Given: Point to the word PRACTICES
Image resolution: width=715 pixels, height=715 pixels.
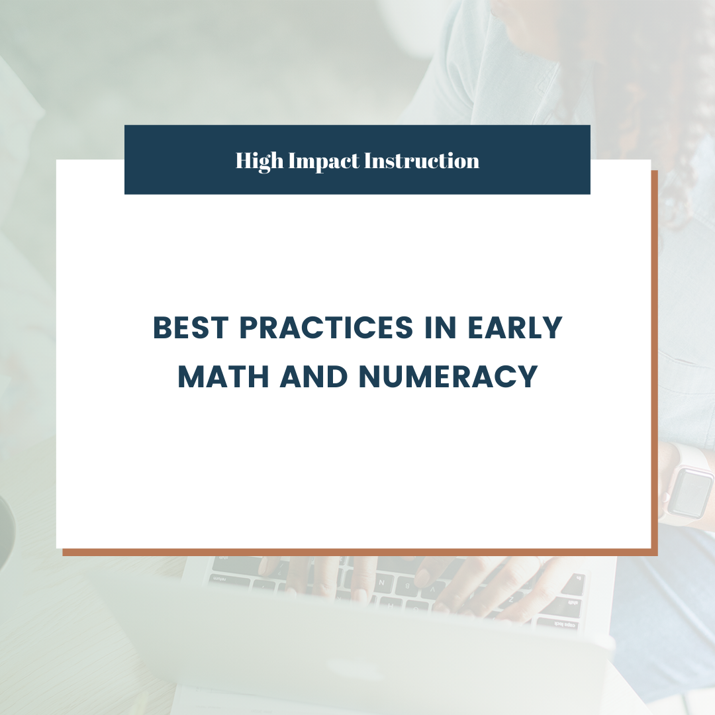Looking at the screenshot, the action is click(x=326, y=328).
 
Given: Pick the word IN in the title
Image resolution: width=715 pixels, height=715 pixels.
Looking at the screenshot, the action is click(x=440, y=328).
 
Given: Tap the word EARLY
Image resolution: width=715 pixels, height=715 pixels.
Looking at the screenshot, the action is click(x=515, y=328).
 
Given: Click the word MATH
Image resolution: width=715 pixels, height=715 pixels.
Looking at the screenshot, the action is click(x=224, y=376).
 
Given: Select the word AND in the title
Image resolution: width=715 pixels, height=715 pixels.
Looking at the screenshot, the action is click(x=314, y=376).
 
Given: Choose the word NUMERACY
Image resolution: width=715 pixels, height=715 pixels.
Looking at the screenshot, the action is click(x=448, y=376).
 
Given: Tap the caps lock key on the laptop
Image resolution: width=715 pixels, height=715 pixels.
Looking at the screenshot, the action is click(x=559, y=624).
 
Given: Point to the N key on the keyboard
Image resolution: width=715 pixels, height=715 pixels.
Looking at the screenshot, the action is click(x=382, y=583).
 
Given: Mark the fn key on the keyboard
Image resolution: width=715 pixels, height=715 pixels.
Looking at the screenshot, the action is click(x=578, y=579).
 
